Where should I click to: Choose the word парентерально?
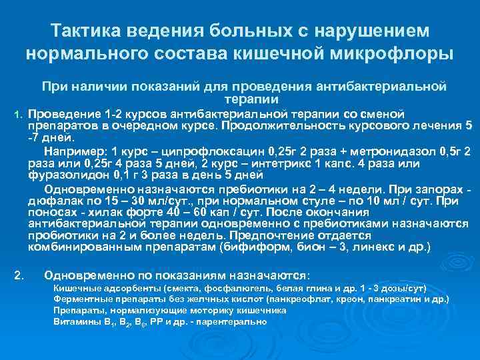pos(233,321)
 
